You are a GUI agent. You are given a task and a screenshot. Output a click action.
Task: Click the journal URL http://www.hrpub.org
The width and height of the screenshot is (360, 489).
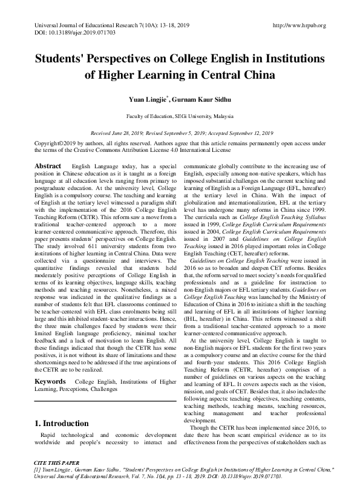point(299,25)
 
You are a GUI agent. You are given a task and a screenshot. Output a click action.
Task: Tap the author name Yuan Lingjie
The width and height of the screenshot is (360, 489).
point(146,99)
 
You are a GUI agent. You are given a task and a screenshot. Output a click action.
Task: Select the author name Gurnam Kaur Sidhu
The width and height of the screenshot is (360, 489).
point(199,99)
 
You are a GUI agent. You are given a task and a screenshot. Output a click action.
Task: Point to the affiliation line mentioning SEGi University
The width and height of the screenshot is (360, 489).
point(180,116)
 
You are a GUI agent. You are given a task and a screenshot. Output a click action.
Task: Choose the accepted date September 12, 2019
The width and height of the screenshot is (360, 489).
point(249,133)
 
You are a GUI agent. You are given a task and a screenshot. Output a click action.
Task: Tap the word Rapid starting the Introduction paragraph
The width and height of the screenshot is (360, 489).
point(49,436)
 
